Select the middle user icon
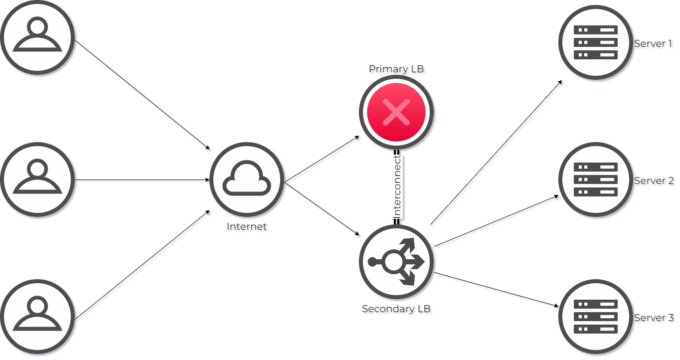coord(37,180)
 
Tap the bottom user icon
coord(37,317)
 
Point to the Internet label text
coord(248,228)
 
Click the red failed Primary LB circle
coord(396,112)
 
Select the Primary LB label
coord(397,70)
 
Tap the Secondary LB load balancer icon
coord(396,262)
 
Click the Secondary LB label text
coord(397,310)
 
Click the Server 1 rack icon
coord(596,42)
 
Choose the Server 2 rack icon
coord(596,180)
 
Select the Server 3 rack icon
coord(596,317)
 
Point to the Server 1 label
coord(654,45)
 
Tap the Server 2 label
coord(655,182)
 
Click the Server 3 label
coord(655,319)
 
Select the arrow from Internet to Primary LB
coord(323,160)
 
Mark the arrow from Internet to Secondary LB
coord(323,209)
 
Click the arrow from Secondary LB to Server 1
coord(498,154)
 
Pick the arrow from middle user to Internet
coord(142,181)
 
